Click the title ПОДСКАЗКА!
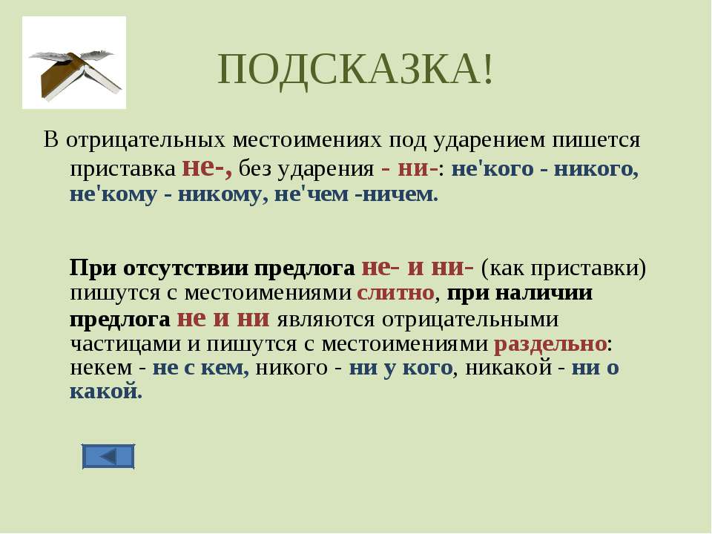pyautogui.click(x=355, y=70)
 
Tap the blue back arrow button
pyautogui.click(x=108, y=456)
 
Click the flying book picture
pyautogui.click(x=74, y=62)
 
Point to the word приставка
pyautogui.click(x=122, y=169)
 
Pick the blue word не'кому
pyautogui.click(x=113, y=195)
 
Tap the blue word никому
pyautogui.click(x=220, y=195)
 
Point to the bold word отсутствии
pyautogui.click(x=186, y=268)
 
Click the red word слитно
pyautogui.click(x=395, y=292)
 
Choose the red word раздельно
pyautogui.click(x=550, y=343)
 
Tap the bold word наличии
pyautogui.click(x=544, y=292)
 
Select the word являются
pyautogui.click(x=326, y=319)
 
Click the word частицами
pyautogui.click(x=125, y=343)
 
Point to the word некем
pyautogui.click(x=101, y=367)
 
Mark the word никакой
pyautogui.click(x=509, y=367)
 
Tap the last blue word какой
pyautogui.click(x=106, y=391)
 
